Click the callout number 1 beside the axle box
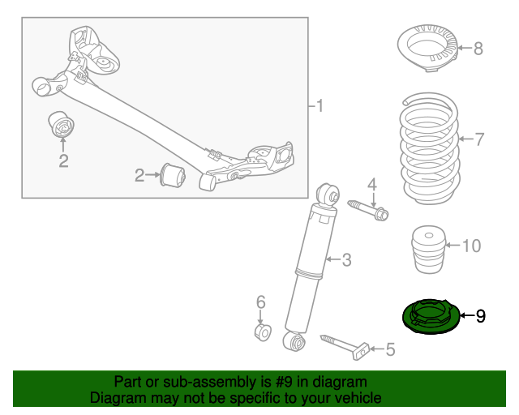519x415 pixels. pyautogui.click(x=320, y=106)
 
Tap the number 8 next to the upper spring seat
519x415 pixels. pyautogui.click(x=478, y=49)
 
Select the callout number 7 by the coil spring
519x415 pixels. pyautogui.click(x=478, y=139)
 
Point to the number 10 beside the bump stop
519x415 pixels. pyautogui.click(x=471, y=245)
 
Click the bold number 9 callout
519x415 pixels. pyautogui.click(x=480, y=315)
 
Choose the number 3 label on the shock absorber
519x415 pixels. pyautogui.click(x=346, y=260)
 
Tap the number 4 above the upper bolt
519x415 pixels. pyautogui.click(x=372, y=186)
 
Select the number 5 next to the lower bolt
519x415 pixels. pyautogui.click(x=390, y=349)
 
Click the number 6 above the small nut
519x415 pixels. pyautogui.click(x=261, y=302)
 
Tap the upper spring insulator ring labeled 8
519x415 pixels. pyautogui.click(x=427, y=48)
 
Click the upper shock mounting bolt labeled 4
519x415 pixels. pyautogui.click(x=369, y=209)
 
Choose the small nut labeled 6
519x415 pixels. pyautogui.click(x=261, y=332)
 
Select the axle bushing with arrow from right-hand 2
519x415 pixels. pyautogui.click(x=174, y=174)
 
